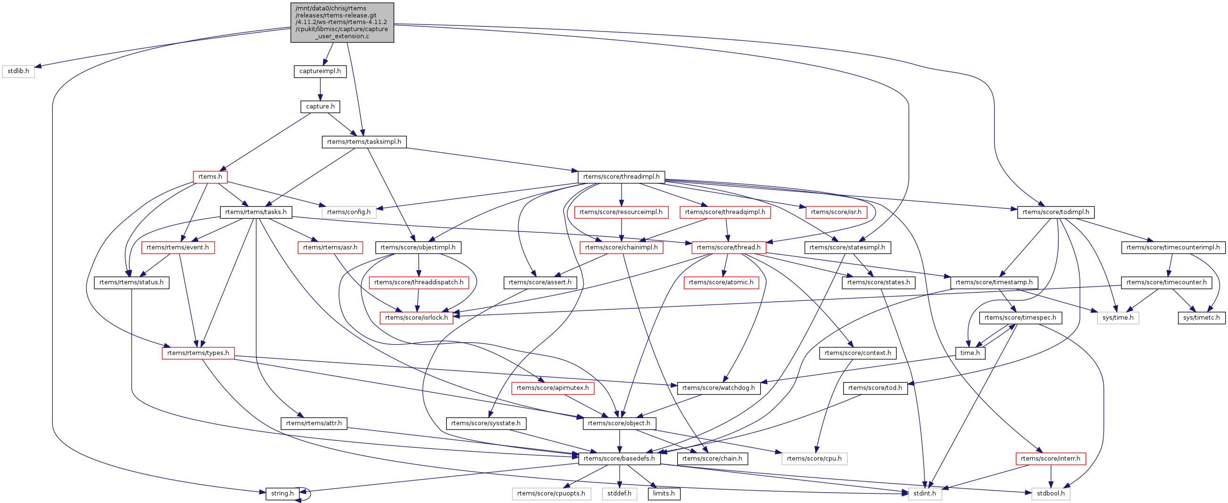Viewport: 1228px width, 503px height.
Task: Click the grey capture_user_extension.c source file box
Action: pyautogui.click(x=342, y=22)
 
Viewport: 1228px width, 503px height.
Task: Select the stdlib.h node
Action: pyautogui.click(x=18, y=71)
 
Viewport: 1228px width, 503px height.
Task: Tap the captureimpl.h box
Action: pyautogui.click(x=320, y=71)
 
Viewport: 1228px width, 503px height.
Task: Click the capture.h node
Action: pyautogui.click(x=320, y=106)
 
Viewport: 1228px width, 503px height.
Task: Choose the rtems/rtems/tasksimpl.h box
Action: pyautogui.click(x=364, y=141)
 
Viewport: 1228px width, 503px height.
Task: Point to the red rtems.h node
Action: pyautogui.click(x=210, y=177)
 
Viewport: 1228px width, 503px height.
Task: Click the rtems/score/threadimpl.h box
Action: pyautogui.click(x=621, y=177)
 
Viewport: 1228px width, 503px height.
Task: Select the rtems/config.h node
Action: pyautogui.click(x=348, y=212)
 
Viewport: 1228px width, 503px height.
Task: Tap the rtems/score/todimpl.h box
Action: pyautogui.click(x=1055, y=212)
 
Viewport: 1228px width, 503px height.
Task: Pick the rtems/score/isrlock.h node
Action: pyautogui.click(x=416, y=317)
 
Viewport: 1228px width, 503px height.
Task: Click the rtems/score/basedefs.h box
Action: pyautogui.click(x=619, y=458)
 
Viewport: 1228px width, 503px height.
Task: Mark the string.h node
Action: pyautogui.click(x=282, y=494)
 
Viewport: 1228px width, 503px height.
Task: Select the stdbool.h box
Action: pyautogui.click(x=1051, y=494)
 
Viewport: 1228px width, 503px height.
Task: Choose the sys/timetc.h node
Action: pyautogui.click(x=1201, y=317)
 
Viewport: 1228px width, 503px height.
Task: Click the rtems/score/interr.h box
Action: pyautogui.click(x=1050, y=458)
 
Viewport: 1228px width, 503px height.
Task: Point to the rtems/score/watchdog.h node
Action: pyautogui.click(x=718, y=388)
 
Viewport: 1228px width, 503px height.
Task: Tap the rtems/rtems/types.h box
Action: pyautogui.click(x=198, y=353)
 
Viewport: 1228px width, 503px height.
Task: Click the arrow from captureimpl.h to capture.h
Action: pyautogui.click(x=320, y=89)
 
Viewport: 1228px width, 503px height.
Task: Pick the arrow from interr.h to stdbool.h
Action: pyautogui.click(x=1051, y=476)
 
